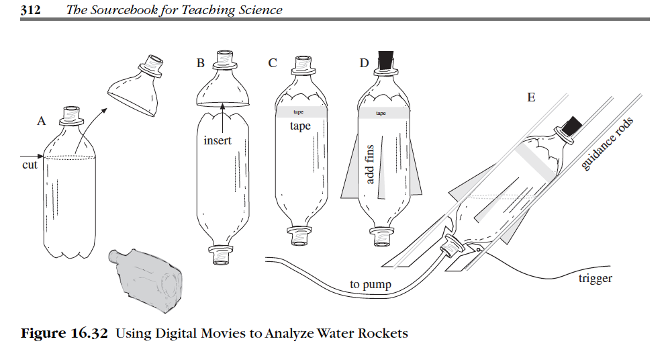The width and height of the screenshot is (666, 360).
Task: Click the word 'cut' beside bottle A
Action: [30, 165]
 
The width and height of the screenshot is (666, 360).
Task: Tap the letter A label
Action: [42, 122]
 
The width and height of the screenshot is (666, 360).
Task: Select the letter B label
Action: [200, 64]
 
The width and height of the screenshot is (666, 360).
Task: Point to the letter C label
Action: [272, 64]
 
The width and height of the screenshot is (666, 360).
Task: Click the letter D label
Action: [365, 64]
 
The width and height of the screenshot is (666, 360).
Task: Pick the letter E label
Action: [531, 97]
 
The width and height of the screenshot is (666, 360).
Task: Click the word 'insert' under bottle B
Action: [218, 141]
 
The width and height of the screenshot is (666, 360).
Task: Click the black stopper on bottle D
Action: [386, 58]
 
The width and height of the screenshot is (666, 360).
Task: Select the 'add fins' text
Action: [369, 165]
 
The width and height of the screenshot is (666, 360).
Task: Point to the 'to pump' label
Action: [371, 285]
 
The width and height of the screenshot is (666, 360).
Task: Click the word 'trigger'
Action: [595, 278]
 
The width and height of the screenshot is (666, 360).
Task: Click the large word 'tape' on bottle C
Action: [300, 126]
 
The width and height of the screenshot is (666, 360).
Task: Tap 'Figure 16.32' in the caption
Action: [64, 333]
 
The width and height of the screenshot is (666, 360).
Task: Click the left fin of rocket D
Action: [350, 175]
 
